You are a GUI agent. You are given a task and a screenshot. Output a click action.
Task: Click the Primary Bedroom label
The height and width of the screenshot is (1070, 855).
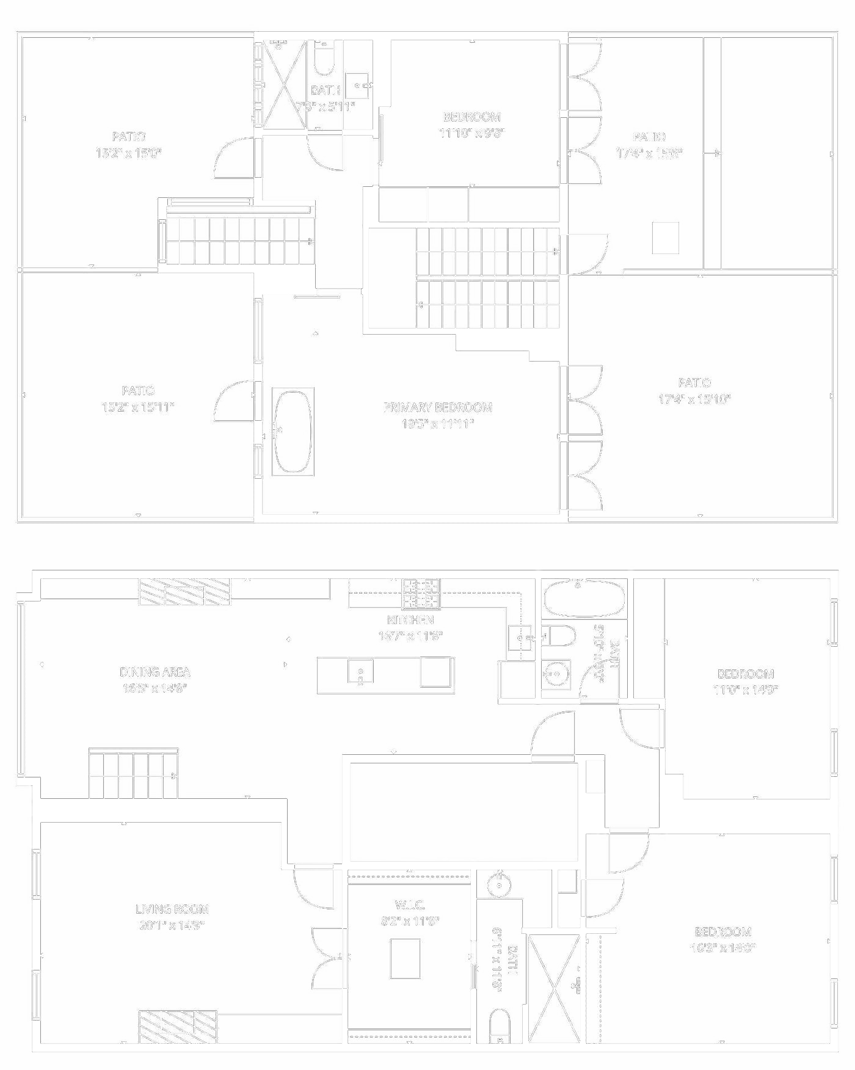click(x=437, y=407)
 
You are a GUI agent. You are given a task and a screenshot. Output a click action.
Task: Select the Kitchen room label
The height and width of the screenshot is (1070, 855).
click(x=410, y=620)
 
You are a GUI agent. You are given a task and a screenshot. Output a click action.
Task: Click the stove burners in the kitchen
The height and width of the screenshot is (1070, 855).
click(x=421, y=594)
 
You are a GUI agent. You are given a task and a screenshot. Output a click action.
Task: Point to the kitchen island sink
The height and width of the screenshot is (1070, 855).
click(x=360, y=671)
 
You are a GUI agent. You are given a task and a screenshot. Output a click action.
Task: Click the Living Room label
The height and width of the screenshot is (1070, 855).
click(x=172, y=909)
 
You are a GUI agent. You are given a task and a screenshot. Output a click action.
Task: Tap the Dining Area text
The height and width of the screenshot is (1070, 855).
click(x=155, y=672)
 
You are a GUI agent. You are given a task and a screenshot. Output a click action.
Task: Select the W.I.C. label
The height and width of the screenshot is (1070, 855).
click(x=410, y=905)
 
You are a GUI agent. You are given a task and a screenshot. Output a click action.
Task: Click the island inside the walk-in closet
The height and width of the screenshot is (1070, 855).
click(x=405, y=958)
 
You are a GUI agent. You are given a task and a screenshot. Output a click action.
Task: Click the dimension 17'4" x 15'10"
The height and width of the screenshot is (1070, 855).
click(x=694, y=399)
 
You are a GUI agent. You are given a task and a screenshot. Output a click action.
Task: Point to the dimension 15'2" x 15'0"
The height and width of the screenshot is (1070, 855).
click(x=128, y=153)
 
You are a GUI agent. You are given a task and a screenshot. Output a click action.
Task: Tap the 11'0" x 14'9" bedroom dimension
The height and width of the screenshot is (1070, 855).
click(x=746, y=690)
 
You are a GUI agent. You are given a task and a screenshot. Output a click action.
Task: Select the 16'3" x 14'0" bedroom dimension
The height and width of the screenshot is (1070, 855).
click(x=723, y=948)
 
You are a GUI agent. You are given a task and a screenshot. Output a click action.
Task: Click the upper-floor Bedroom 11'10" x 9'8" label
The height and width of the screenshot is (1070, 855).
click(x=471, y=117)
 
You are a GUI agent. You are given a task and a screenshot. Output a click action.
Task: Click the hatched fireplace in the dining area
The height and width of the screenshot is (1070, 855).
click(x=184, y=592)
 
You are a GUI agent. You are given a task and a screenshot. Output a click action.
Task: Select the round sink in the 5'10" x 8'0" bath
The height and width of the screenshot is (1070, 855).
click(x=556, y=674)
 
